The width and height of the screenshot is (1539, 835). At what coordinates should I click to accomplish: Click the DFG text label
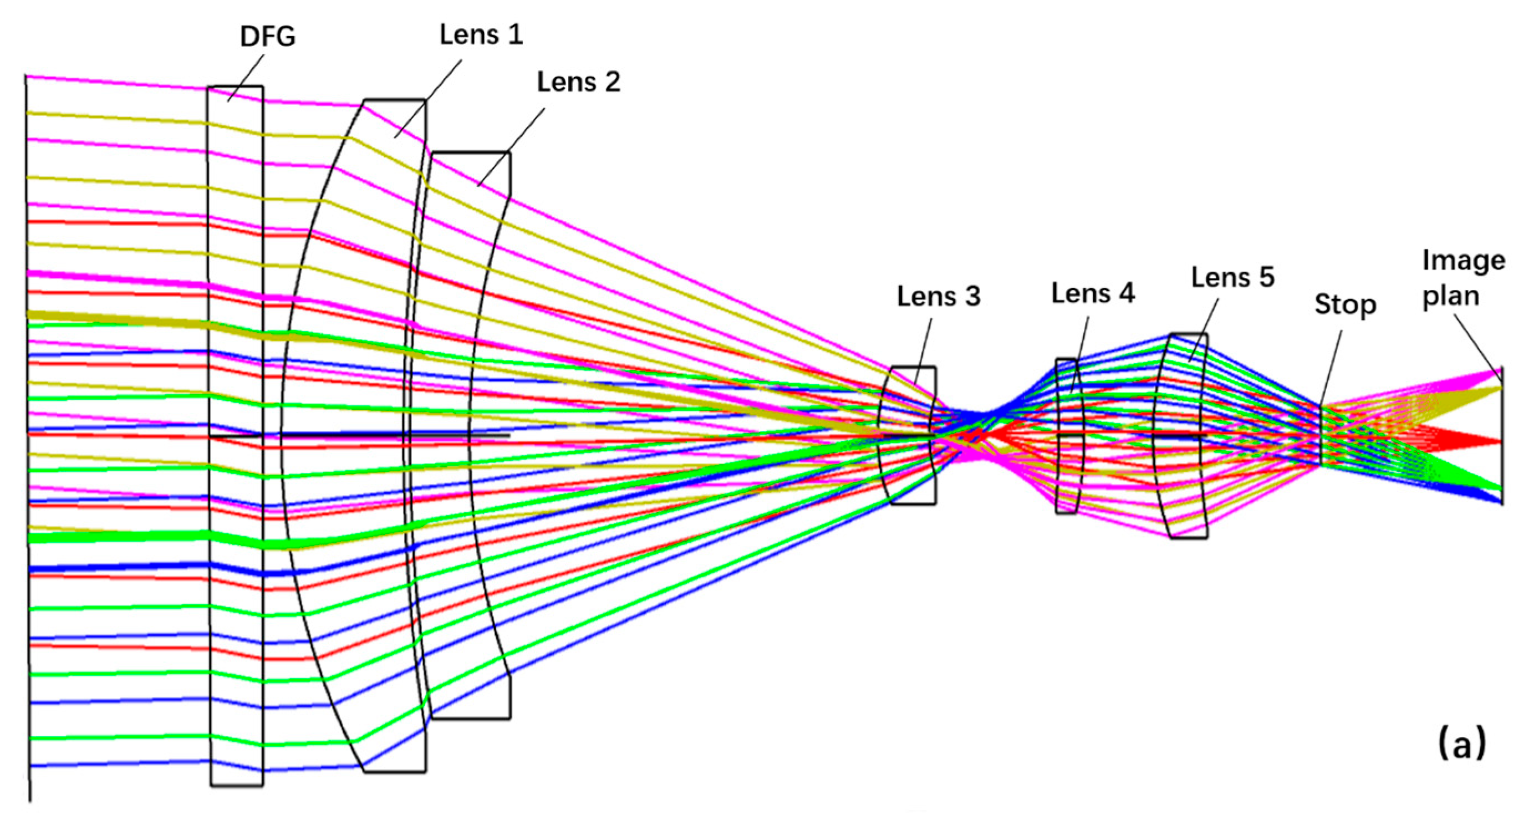[x=267, y=37]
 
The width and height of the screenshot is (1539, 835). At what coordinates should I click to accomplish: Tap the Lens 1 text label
[x=481, y=35]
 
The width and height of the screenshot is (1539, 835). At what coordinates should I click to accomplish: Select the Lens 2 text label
[x=578, y=82]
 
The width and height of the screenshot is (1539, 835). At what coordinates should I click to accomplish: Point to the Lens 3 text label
[x=939, y=297]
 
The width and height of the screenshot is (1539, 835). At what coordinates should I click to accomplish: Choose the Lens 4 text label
[x=1093, y=293]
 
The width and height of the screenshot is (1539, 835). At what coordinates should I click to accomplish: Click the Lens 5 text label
[x=1233, y=277]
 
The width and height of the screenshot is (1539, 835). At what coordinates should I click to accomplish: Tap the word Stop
[x=1345, y=305]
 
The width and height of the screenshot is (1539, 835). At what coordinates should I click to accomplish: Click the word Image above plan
[x=1463, y=261]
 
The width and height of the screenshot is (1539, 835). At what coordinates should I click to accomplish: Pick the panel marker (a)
[x=1461, y=744]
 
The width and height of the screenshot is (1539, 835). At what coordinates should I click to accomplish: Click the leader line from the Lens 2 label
[x=511, y=147]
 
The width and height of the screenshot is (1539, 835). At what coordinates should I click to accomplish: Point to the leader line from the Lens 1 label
[x=427, y=99]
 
